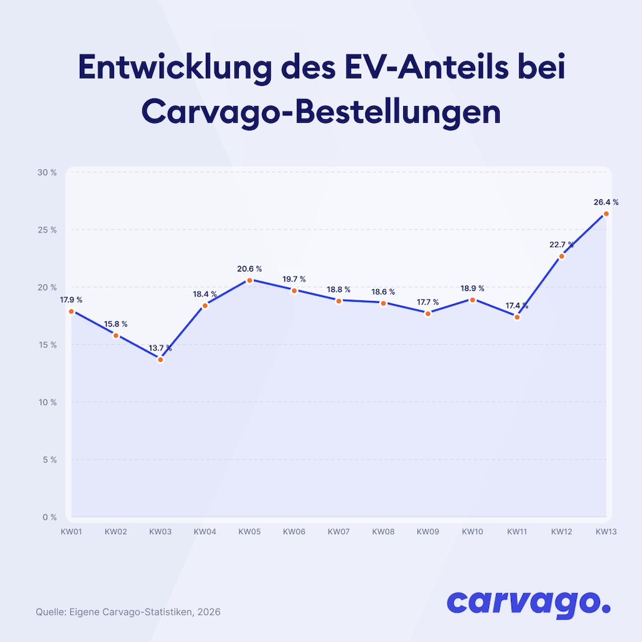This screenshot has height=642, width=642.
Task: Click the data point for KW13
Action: [x=606, y=214]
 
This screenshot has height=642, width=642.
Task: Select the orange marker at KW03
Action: [x=160, y=359]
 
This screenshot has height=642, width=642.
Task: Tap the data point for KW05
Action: [x=250, y=280]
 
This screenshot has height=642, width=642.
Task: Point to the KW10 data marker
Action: [x=472, y=300]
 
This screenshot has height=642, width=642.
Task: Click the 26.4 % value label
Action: [x=606, y=202]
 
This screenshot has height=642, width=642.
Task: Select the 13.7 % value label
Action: [x=160, y=348]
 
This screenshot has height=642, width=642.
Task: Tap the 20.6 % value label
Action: [x=250, y=269]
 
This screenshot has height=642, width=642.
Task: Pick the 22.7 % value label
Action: [x=561, y=245]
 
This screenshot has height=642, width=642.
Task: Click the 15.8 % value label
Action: [x=116, y=324]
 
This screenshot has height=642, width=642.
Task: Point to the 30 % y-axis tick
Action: [x=48, y=172]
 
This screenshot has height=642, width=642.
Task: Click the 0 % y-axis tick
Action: [x=50, y=517]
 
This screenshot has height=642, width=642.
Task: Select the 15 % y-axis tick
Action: [x=48, y=345]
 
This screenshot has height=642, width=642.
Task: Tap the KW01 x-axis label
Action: [x=71, y=532]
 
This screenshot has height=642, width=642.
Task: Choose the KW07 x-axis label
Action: [x=339, y=532]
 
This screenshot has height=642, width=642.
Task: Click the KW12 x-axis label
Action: [x=561, y=532]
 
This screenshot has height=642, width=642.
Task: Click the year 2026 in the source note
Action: [x=209, y=611]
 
